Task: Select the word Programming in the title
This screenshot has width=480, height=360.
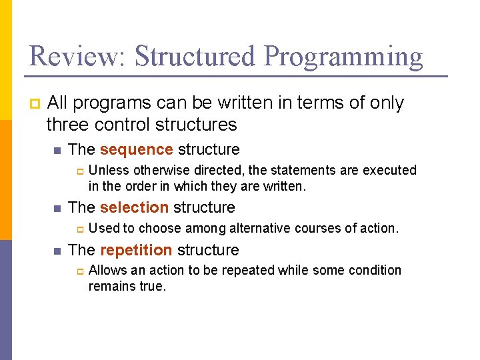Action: click(x=343, y=57)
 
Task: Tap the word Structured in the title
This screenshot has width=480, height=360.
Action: click(x=195, y=56)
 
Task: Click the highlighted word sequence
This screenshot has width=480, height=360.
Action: click(x=137, y=149)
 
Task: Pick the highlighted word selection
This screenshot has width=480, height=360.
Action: click(x=135, y=207)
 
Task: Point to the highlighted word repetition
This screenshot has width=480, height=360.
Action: click(x=136, y=250)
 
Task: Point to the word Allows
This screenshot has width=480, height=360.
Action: click(x=106, y=270)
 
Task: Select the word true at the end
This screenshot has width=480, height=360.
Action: click(x=151, y=287)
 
